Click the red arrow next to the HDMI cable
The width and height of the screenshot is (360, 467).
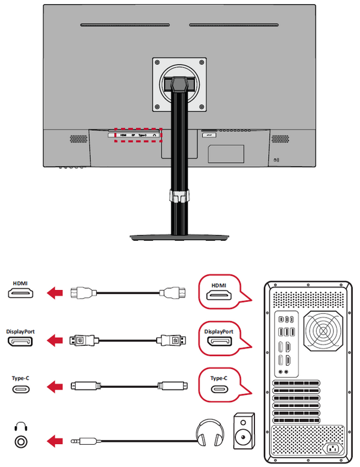pos(55,294)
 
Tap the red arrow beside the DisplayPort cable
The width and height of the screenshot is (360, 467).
pos(55,341)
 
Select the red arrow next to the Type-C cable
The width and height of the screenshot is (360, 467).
pos(55,388)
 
